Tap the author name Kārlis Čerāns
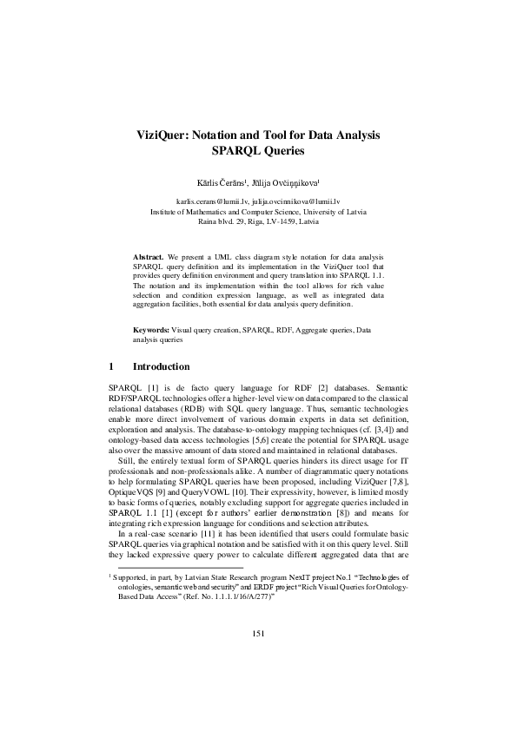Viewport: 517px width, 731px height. click(x=222, y=182)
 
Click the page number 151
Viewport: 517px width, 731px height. click(x=258, y=682)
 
